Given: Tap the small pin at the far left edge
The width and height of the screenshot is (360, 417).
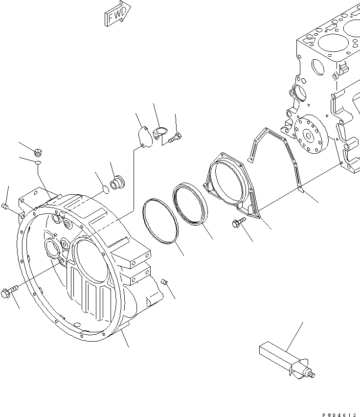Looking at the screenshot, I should point(5,208).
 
